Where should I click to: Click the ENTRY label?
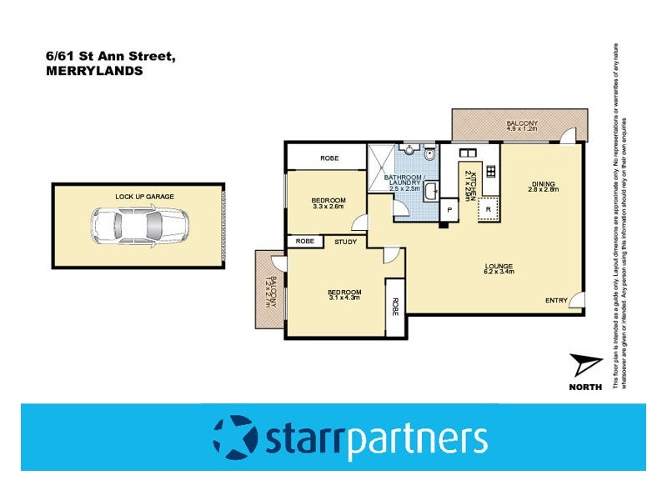coord(556,300)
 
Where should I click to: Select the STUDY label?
coord(346,242)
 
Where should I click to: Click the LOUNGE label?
coord(499,267)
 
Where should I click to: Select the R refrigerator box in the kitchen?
coord(489,209)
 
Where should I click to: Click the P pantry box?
coord(449,209)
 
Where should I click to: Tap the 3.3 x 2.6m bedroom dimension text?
coord(328,207)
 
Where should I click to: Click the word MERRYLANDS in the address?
coord(94,71)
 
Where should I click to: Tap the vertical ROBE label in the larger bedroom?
coord(396,306)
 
